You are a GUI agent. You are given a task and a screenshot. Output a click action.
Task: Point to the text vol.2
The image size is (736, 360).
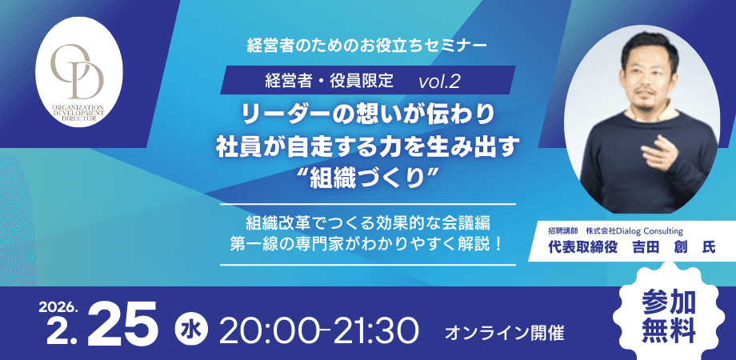[x=438, y=80]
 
